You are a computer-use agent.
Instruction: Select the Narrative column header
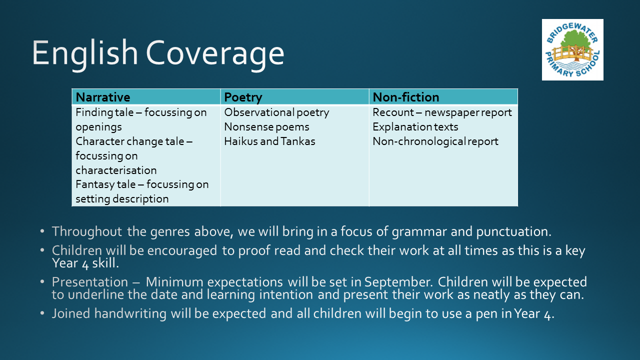103,97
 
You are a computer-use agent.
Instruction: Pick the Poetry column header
243,97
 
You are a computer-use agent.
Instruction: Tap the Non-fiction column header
406,97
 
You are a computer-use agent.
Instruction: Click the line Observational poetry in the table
276,112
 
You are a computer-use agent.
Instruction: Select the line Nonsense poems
267,127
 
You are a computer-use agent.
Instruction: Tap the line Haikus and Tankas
269,141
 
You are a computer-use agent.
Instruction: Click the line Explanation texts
415,127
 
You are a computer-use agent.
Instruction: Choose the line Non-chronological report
435,141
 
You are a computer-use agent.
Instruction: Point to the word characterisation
116,170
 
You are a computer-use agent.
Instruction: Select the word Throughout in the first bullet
87,231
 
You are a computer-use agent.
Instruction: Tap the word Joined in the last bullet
71,313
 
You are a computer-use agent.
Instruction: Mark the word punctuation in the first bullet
513,231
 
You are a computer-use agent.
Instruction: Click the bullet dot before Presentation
42,281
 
